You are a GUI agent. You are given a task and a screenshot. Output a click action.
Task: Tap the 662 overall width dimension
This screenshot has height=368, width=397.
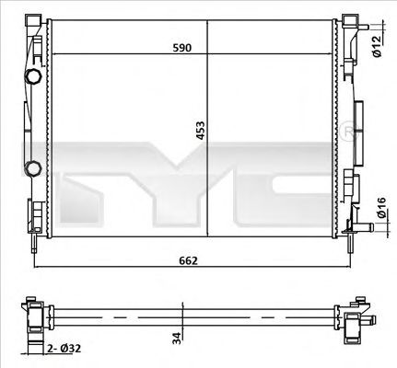coord(189,261)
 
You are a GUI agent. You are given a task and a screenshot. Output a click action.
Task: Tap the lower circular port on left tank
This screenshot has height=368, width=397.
coord(33,168)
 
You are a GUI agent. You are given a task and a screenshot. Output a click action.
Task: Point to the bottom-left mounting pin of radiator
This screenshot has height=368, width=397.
coord(34,241)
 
